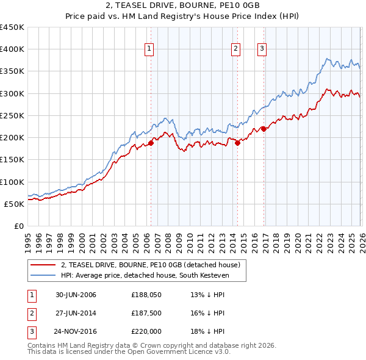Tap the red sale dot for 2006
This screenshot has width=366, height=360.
click(x=151, y=143)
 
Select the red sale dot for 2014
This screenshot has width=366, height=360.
click(x=237, y=143)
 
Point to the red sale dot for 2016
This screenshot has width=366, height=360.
click(x=264, y=129)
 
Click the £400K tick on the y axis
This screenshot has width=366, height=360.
click(x=12, y=49)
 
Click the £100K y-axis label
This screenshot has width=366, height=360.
click(x=12, y=182)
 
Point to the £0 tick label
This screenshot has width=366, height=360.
click(x=18, y=226)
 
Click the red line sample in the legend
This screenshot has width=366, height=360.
click(x=43, y=265)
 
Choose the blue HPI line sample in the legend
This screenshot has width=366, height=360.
click(x=43, y=275)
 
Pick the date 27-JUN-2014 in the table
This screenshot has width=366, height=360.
click(x=76, y=314)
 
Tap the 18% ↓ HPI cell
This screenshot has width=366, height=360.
click(x=207, y=332)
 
